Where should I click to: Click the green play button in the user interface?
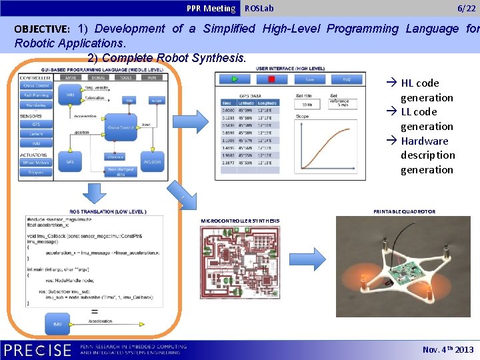coord(235,79)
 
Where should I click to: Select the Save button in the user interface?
coord(309,79)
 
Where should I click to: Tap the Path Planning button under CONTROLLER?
coord(36,95)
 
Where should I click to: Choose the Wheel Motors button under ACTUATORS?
coord(36,163)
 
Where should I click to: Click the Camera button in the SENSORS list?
coord(36,134)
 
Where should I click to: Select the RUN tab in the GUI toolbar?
coord(153,78)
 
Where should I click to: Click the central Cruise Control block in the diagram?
coord(121,127)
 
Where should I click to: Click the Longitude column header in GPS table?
coord(267,103)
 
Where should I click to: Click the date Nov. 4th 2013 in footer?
coord(447,350)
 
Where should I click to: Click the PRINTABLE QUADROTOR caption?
coord(404,211)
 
